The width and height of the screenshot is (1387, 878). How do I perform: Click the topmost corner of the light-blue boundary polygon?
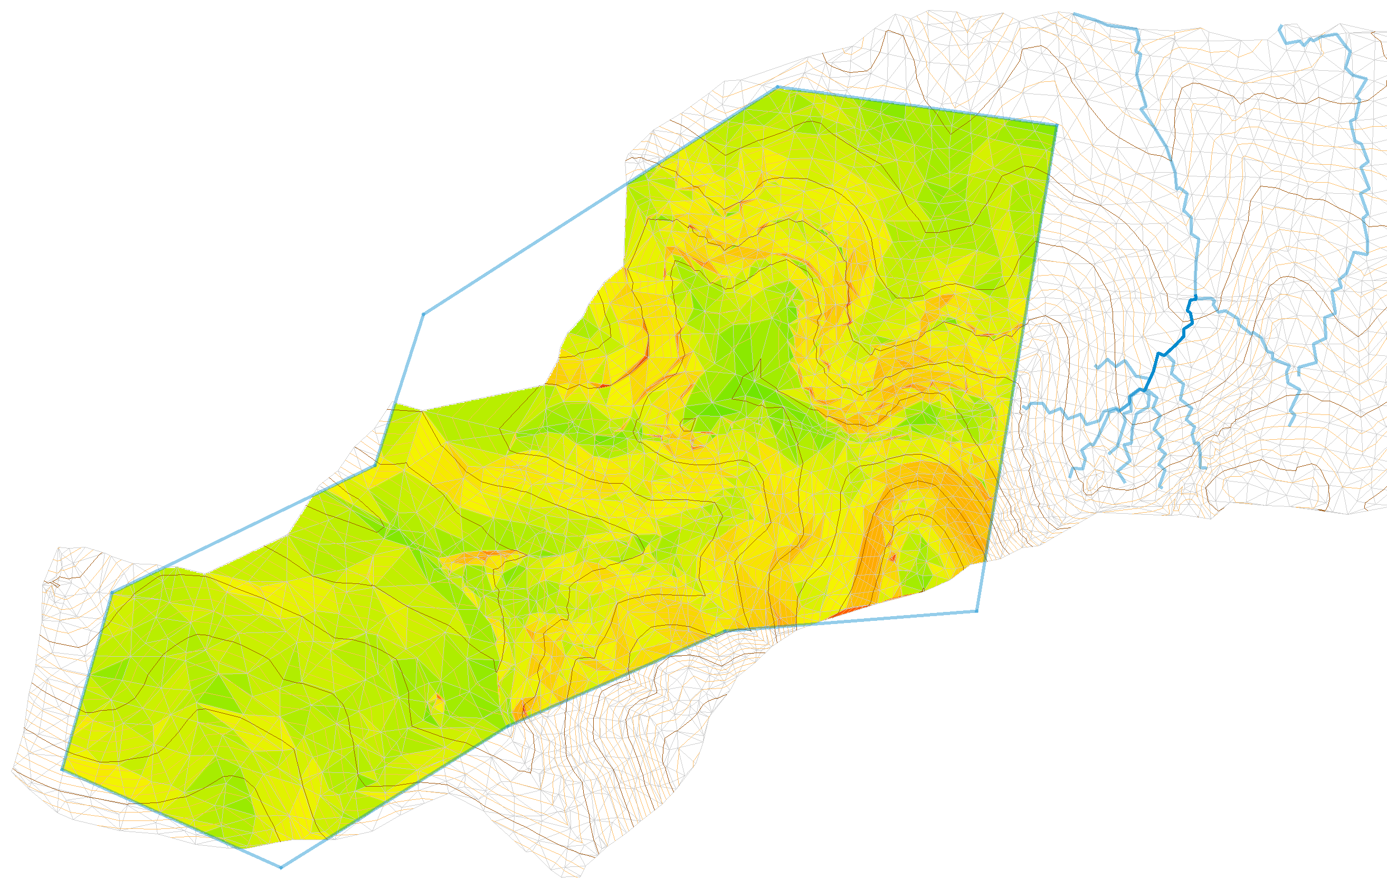(777, 87)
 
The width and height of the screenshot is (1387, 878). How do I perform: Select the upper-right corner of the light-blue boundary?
(1057, 125)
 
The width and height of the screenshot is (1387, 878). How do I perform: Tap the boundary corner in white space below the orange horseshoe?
(977, 611)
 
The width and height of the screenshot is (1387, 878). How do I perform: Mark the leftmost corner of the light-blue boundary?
(62, 770)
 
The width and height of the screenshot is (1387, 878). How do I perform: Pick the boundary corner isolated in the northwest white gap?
(423, 314)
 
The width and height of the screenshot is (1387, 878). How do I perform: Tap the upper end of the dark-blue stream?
(1196, 297)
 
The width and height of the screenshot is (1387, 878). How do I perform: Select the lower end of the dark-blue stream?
(1121, 410)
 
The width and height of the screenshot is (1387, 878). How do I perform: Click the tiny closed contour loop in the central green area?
(687, 424)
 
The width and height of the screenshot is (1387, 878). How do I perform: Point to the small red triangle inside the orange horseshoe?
(894, 557)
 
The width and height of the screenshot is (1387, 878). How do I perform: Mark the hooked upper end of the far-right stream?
(1280, 26)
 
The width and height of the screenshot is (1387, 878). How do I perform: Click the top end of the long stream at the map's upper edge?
(1074, 13)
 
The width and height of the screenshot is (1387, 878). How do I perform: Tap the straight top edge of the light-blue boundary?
(916, 106)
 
